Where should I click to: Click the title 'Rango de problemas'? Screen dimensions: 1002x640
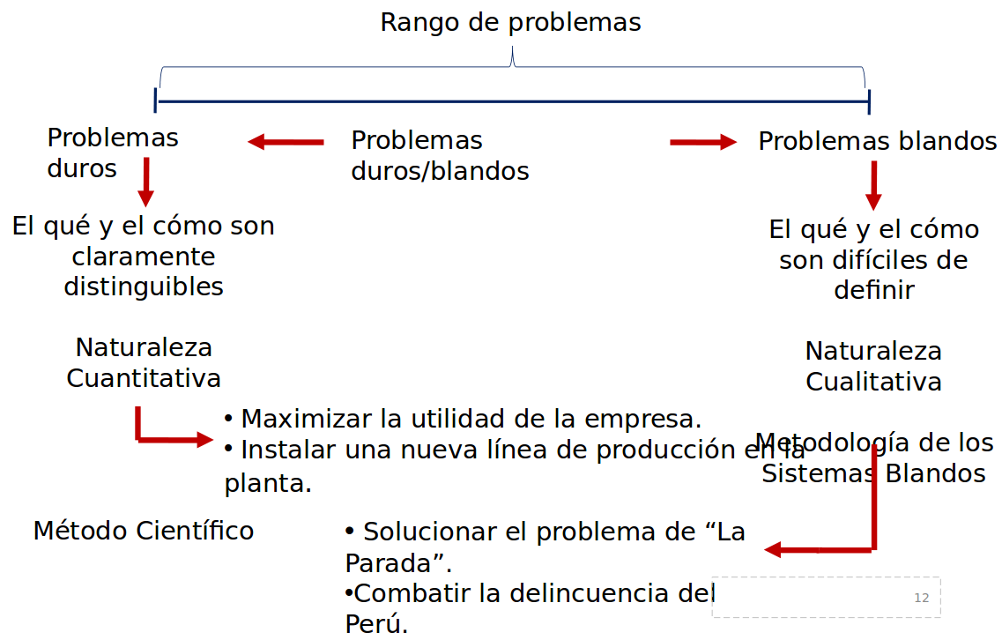pos(510,22)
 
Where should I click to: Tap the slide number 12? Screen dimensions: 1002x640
pos(922,598)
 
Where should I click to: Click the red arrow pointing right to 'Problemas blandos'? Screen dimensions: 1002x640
pos(702,142)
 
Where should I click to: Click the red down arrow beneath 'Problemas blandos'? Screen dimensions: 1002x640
pos(873,185)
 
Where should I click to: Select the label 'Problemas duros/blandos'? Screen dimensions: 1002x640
pos(439,155)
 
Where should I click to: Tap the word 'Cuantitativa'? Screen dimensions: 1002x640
pos(144,378)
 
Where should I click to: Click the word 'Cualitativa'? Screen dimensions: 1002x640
pos(873,382)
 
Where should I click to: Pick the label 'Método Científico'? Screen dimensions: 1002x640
pos(144,531)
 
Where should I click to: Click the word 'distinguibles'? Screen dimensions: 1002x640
pos(144,287)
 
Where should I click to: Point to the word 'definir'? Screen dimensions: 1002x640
pos(873,290)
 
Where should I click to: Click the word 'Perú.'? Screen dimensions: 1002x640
pos(376,624)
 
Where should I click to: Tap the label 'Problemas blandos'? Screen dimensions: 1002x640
pos(877,141)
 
